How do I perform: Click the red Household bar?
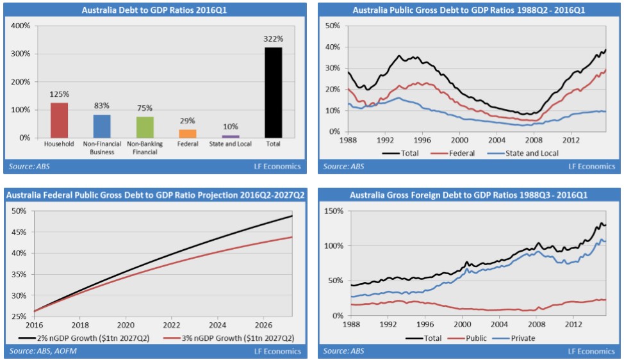[x=59, y=120]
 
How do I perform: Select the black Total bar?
[x=273, y=93]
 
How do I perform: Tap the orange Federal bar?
[x=187, y=133]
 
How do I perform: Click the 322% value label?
[x=273, y=39]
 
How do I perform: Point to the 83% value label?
[x=102, y=106]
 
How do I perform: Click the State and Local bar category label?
[x=231, y=143]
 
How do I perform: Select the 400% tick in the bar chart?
[x=21, y=26]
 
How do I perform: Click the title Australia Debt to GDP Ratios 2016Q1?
[x=154, y=10]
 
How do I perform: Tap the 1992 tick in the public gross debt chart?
[x=384, y=139]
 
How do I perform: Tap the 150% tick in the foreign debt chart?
[x=334, y=211]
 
